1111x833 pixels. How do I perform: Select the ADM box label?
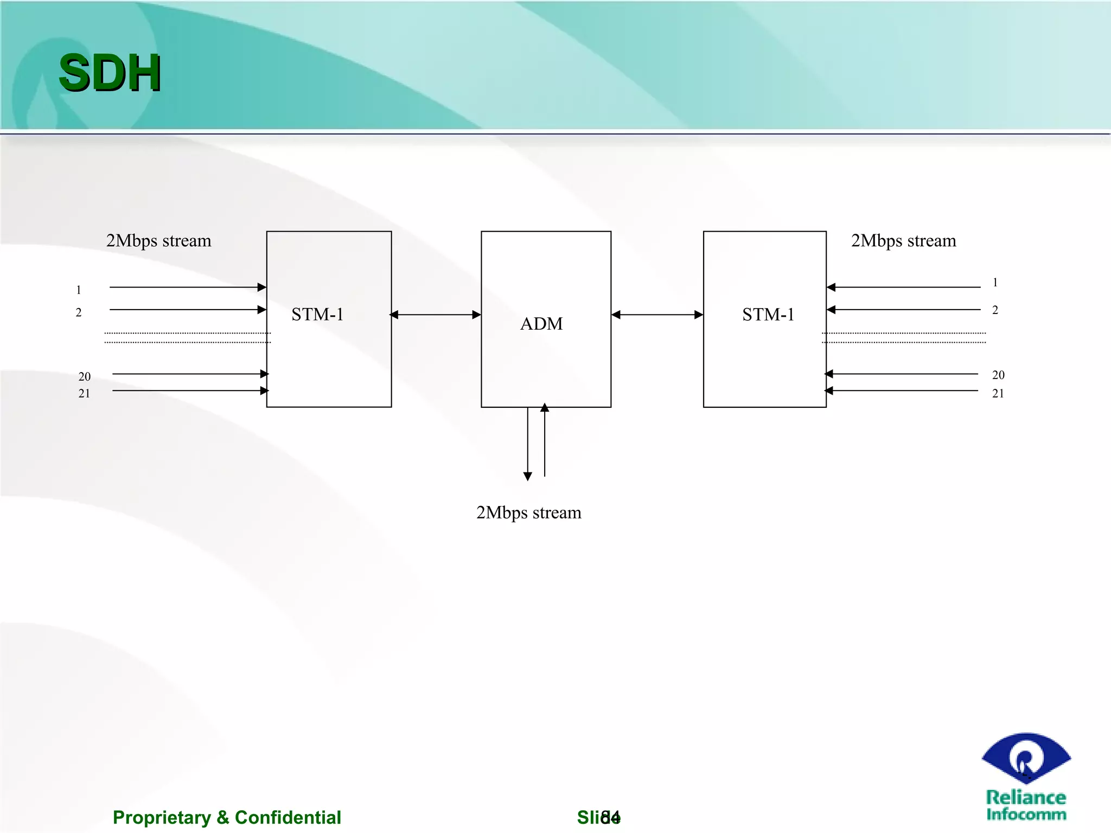point(541,324)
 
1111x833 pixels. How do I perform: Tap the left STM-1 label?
point(317,315)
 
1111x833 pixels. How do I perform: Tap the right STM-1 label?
point(768,315)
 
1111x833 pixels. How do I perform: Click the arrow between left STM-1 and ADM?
point(436,315)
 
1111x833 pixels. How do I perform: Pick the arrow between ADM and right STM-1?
point(657,315)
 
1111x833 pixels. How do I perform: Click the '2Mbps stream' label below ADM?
point(528,512)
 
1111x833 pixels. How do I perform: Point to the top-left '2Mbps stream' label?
point(158,241)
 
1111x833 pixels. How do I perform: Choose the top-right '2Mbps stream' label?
point(903,241)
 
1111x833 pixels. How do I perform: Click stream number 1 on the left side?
point(79,290)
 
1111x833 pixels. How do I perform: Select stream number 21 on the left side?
point(84,394)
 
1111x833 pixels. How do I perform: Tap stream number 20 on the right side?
point(998,375)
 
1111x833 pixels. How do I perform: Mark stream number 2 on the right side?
point(995,310)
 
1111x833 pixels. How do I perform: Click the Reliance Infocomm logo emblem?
point(1026,758)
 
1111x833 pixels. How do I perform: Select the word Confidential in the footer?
point(288,817)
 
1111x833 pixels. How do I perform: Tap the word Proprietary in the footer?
point(162,817)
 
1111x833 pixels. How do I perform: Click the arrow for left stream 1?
point(187,287)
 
